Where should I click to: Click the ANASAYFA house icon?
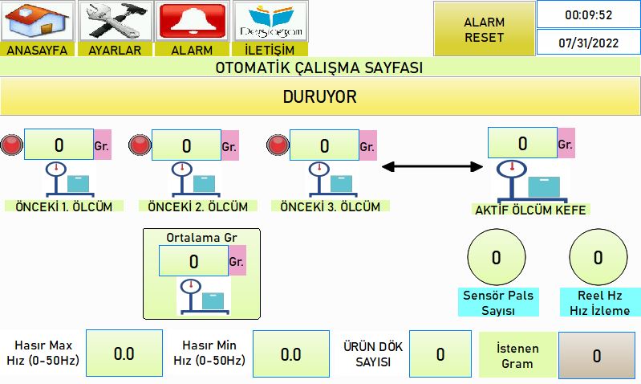(x=37, y=21)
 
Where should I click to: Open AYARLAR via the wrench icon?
(x=115, y=21)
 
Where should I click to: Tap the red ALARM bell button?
(x=192, y=21)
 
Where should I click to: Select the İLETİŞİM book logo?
(x=270, y=21)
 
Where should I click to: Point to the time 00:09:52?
(x=589, y=15)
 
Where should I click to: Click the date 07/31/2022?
(x=589, y=43)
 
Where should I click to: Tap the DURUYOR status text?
(x=319, y=96)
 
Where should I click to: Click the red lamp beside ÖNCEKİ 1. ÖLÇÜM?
(x=11, y=145)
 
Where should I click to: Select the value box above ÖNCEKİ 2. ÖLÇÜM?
(x=186, y=145)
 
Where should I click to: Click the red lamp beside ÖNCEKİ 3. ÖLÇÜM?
(x=278, y=145)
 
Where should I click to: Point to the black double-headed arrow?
(x=432, y=166)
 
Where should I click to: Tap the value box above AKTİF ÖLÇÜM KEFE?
(x=522, y=142)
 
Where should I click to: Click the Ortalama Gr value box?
(x=194, y=261)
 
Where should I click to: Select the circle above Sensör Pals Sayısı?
(x=497, y=257)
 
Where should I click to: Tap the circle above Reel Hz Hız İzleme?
(x=598, y=257)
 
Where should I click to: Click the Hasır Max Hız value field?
(x=124, y=353)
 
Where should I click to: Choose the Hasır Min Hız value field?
(x=291, y=353)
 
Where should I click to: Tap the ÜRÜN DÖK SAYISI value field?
(x=440, y=354)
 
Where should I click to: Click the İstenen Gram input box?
(x=597, y=355)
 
